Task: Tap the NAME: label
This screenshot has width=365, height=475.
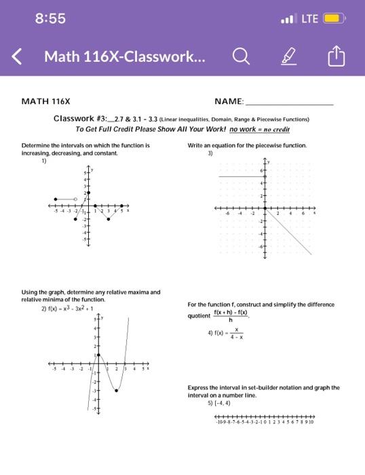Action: click(229, 101)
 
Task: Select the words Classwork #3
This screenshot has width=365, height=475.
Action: click(75, 118)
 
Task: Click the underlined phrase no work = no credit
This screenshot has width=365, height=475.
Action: click(261, 128)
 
